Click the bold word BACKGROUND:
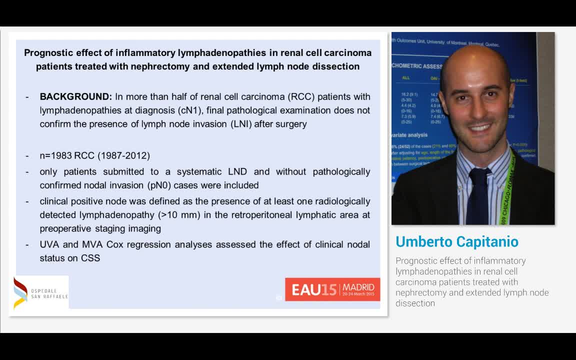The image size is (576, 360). click(75, 96)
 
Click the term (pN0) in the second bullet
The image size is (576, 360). click(160, 185)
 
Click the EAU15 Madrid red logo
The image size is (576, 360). click(332, 289)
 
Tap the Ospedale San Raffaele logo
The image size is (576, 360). click(40, 292)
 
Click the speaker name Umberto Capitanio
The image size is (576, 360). click(456, 241)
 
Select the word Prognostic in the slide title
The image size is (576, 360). click(46, 52)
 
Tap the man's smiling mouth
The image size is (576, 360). click(480, 128)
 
